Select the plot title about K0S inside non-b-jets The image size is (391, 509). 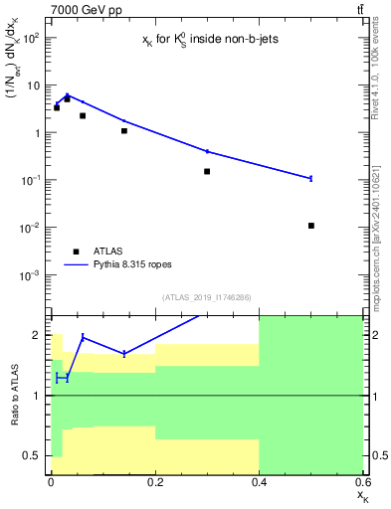(x=206, y=41)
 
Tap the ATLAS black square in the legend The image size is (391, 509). (x=76, y=252)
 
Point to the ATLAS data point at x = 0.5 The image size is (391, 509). (x=311, y=226)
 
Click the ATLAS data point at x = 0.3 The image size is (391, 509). (x=207, y=171)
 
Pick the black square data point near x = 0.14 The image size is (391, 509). (x=124, y=130)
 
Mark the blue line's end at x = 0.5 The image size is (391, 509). (x=311, y=178)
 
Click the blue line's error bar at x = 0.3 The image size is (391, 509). (x=207, y=151)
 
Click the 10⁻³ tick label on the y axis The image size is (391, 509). (x=31, y=274)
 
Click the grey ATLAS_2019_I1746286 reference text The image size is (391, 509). (x=207, y=297)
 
